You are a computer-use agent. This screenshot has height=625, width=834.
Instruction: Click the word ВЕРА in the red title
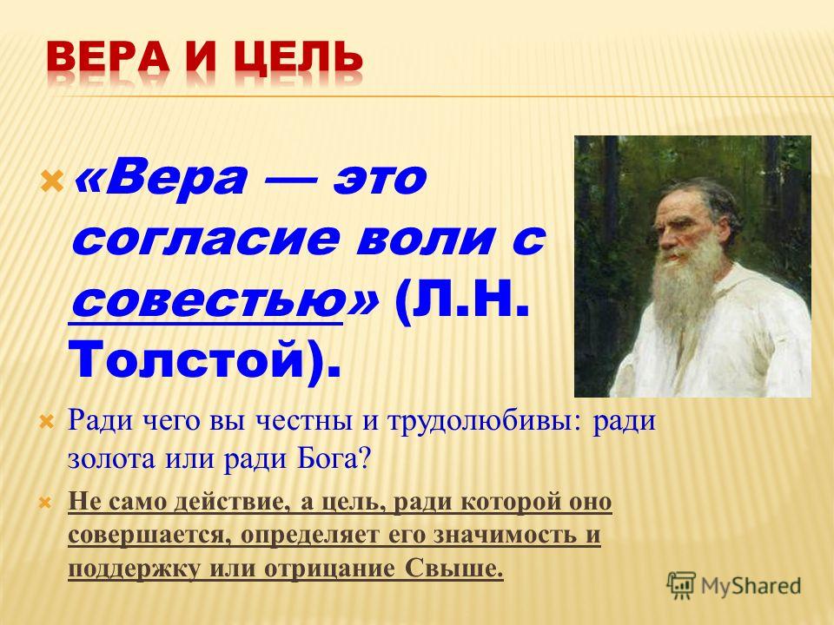click(108, 57)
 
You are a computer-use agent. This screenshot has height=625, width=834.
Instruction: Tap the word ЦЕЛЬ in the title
click(298, 58)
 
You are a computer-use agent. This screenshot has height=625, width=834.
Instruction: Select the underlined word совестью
click(206, 302)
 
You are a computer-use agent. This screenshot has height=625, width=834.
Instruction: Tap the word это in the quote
click(380, 178)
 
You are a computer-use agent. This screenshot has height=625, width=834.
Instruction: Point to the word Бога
click(327, 458)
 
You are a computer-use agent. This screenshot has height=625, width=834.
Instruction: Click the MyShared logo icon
click(681, 586)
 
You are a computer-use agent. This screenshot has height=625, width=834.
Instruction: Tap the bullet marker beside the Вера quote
click(53, 182)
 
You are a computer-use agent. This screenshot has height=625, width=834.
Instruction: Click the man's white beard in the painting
click(681, 281)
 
